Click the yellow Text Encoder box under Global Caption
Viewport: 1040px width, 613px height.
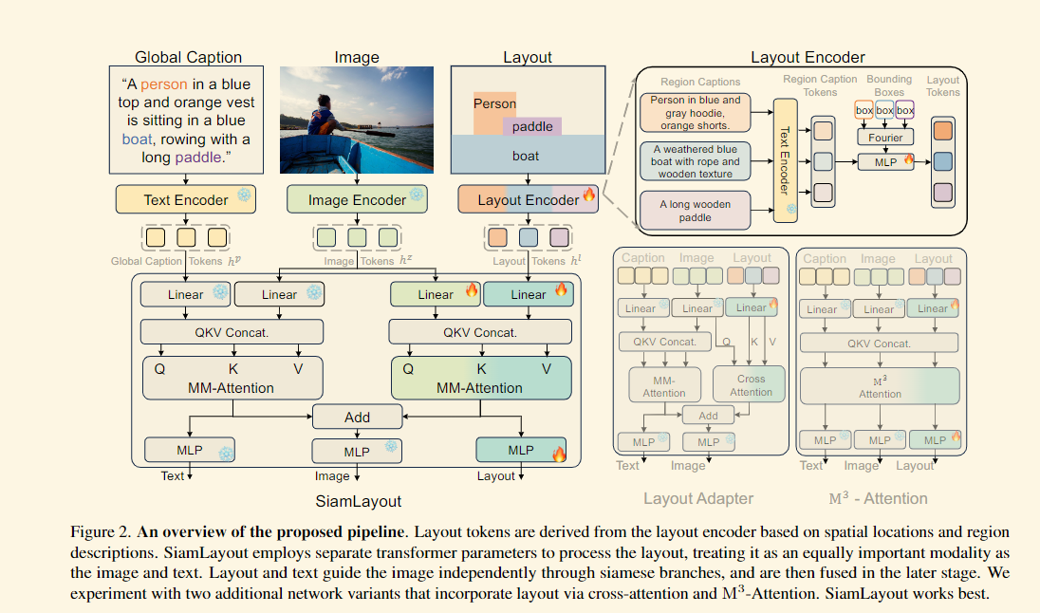tap(186, 199)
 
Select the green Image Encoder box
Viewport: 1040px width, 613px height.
tap(357, 199)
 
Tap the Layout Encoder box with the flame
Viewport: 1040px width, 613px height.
tap(528, 199)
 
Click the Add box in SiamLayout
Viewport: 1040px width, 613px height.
tap(357, 418)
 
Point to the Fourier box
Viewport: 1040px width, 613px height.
tap(885, 138)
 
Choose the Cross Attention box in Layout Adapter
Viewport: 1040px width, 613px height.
tap(751, 384)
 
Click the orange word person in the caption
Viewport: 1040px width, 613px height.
tap(164, 84)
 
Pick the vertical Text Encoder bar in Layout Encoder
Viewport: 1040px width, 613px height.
tap(786, 159)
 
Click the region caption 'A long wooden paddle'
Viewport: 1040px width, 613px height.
tap(696, 211)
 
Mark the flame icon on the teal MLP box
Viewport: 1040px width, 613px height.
tap(559, 454)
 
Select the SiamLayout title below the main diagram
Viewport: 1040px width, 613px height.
tap(358, 502)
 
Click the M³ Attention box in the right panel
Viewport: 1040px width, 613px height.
tap(880, 386)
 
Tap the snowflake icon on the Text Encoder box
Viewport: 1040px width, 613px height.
tap(244, 195)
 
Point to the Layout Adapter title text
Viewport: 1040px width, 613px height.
tap(698, 499)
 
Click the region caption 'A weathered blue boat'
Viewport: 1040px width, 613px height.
tap(696, 161)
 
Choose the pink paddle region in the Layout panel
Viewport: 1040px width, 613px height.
tap(532, 126)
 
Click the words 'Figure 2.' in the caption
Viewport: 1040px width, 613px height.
tap(101, 532)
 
